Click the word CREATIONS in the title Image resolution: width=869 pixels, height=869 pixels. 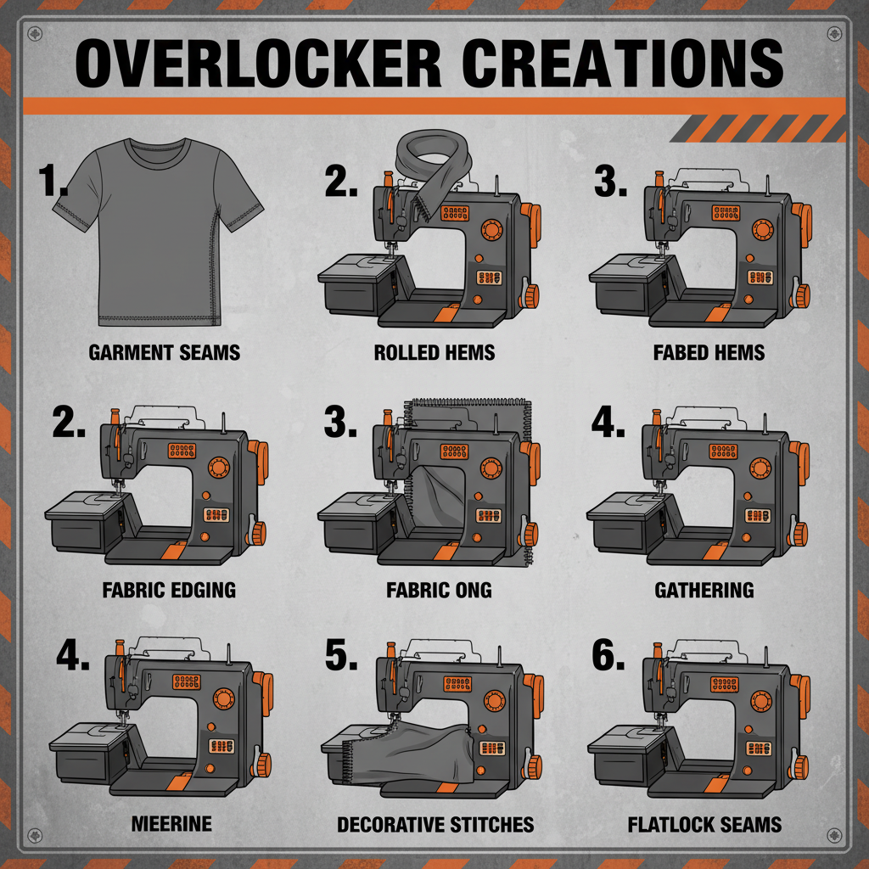623,64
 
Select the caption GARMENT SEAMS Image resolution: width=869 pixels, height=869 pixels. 165,351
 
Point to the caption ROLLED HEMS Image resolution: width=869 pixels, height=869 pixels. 434,351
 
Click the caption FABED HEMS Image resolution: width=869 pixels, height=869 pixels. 709,351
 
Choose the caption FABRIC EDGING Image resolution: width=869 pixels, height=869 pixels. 170,589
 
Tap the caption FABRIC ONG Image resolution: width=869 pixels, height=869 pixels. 439,589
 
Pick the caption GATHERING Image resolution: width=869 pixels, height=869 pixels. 704,589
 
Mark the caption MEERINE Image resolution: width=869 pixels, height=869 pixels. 172,823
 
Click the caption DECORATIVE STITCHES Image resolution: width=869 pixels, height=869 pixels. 435,823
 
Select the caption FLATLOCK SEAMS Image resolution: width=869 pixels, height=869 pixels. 704,823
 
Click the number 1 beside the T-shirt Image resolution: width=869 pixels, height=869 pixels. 53,181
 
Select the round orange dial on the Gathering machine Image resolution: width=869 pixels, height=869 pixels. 759,468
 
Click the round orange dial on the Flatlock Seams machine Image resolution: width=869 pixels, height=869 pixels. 759,701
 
